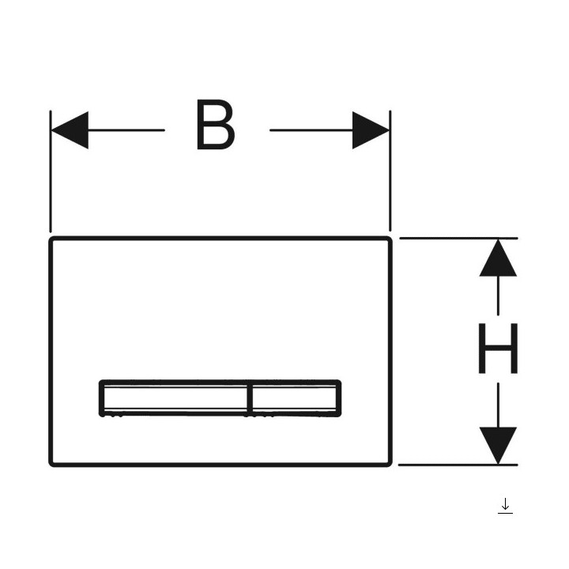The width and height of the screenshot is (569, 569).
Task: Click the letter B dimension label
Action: coord(215,125)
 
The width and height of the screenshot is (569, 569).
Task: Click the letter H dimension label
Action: coord(498,349)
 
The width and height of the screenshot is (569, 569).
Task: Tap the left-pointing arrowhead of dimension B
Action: coord(70,130)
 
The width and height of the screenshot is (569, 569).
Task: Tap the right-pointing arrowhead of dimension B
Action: coord(371,130)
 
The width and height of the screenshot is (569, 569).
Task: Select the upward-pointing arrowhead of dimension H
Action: coord(498,258)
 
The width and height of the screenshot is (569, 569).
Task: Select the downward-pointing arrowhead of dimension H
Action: coord(498,446)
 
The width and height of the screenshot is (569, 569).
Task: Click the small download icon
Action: coord(505,506)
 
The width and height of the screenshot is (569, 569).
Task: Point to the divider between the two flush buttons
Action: coord(250,398)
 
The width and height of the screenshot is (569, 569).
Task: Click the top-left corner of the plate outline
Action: coord(50,238)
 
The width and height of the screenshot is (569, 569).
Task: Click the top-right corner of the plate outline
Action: coord(391,238)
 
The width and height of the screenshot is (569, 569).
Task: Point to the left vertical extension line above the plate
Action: coord(51,171)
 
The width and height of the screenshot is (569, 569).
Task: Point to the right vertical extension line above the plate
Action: coord(390,171)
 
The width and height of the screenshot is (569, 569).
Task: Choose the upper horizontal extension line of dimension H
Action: coord(458,238)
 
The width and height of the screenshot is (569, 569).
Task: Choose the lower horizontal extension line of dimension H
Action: coord(458,465)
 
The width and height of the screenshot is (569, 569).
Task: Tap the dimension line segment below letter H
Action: coord(498,405)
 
